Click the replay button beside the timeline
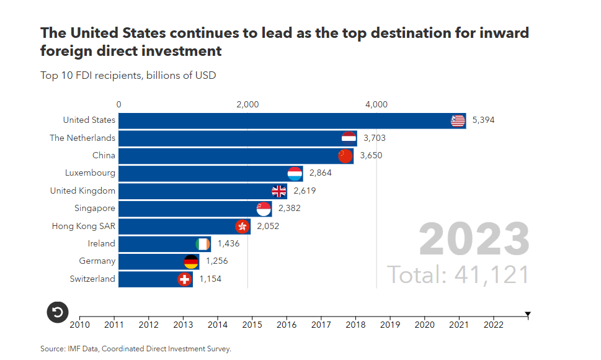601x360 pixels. click(x=58, y=312)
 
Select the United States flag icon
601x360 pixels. click(x=458, y=120)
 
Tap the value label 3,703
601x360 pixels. click(x=375, y=138)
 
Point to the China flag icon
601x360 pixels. click(x=345, y=155)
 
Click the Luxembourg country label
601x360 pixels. click(x=90, y=173)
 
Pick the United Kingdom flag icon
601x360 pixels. click(x=279, y=191)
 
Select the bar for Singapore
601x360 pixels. click(x=186, y=209)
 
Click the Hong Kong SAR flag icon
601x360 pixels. click(x=243, y=227)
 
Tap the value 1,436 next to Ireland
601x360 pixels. click(x=228, y=244)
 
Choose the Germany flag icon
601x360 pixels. click(x=191, y=262)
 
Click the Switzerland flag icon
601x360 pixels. click(x=184, y=279)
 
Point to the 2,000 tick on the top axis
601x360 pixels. click(x=247, y=104)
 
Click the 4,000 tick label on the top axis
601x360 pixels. click(x=376, y=104)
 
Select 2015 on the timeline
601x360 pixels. click(x=252, y=324)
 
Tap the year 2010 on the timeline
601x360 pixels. click(x=79, y=324)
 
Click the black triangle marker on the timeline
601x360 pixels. click(x=528, y=315)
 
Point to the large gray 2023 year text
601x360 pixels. click(x=474, y=240)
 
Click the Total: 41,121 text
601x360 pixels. click(x=458, y=274)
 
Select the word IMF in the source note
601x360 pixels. click(x=73, y=349)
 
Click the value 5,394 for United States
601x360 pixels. click(x=483, y=120)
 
